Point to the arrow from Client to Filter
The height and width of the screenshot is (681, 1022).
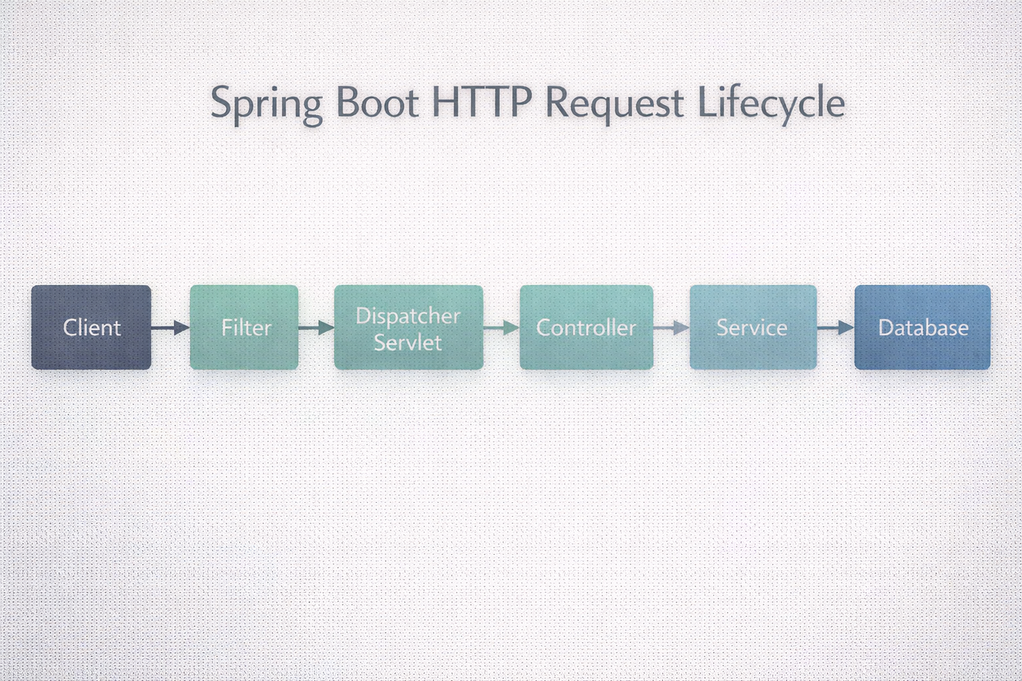pyautogui.click(x=170, y=328)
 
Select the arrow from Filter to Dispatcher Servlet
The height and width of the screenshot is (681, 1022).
pyautogui.click(x=316, y=328)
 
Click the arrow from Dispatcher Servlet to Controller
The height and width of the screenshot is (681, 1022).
pyautogui.click(x=502, y=328)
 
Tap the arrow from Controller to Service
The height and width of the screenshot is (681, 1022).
pyautogui.click(x=672, y=328)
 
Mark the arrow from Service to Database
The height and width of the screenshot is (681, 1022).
pyautogui.click(x=836, y=328)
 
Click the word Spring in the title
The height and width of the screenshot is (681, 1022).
pyautogui.click(x=266, y=103)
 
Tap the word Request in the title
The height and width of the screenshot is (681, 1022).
pyautogui.click(x=615, y=103)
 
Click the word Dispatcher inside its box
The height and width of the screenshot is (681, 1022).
pyautogui.click(x=408, y=316)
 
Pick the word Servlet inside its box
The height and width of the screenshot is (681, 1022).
pyautogui.click(x=408, y=342)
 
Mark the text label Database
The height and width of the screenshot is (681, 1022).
pyautogui.click(x=923, y=328)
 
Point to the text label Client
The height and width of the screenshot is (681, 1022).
pyautogui.click(x=92, y=328)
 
